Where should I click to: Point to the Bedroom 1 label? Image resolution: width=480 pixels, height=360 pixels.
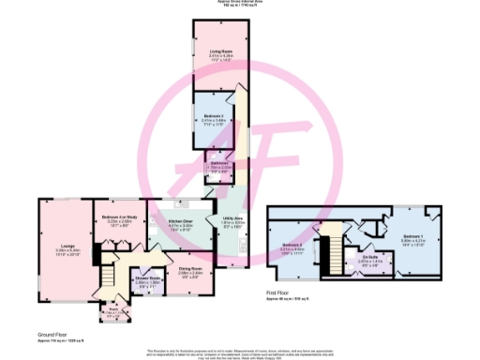413,236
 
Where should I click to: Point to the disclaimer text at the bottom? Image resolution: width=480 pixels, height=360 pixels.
240,351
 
